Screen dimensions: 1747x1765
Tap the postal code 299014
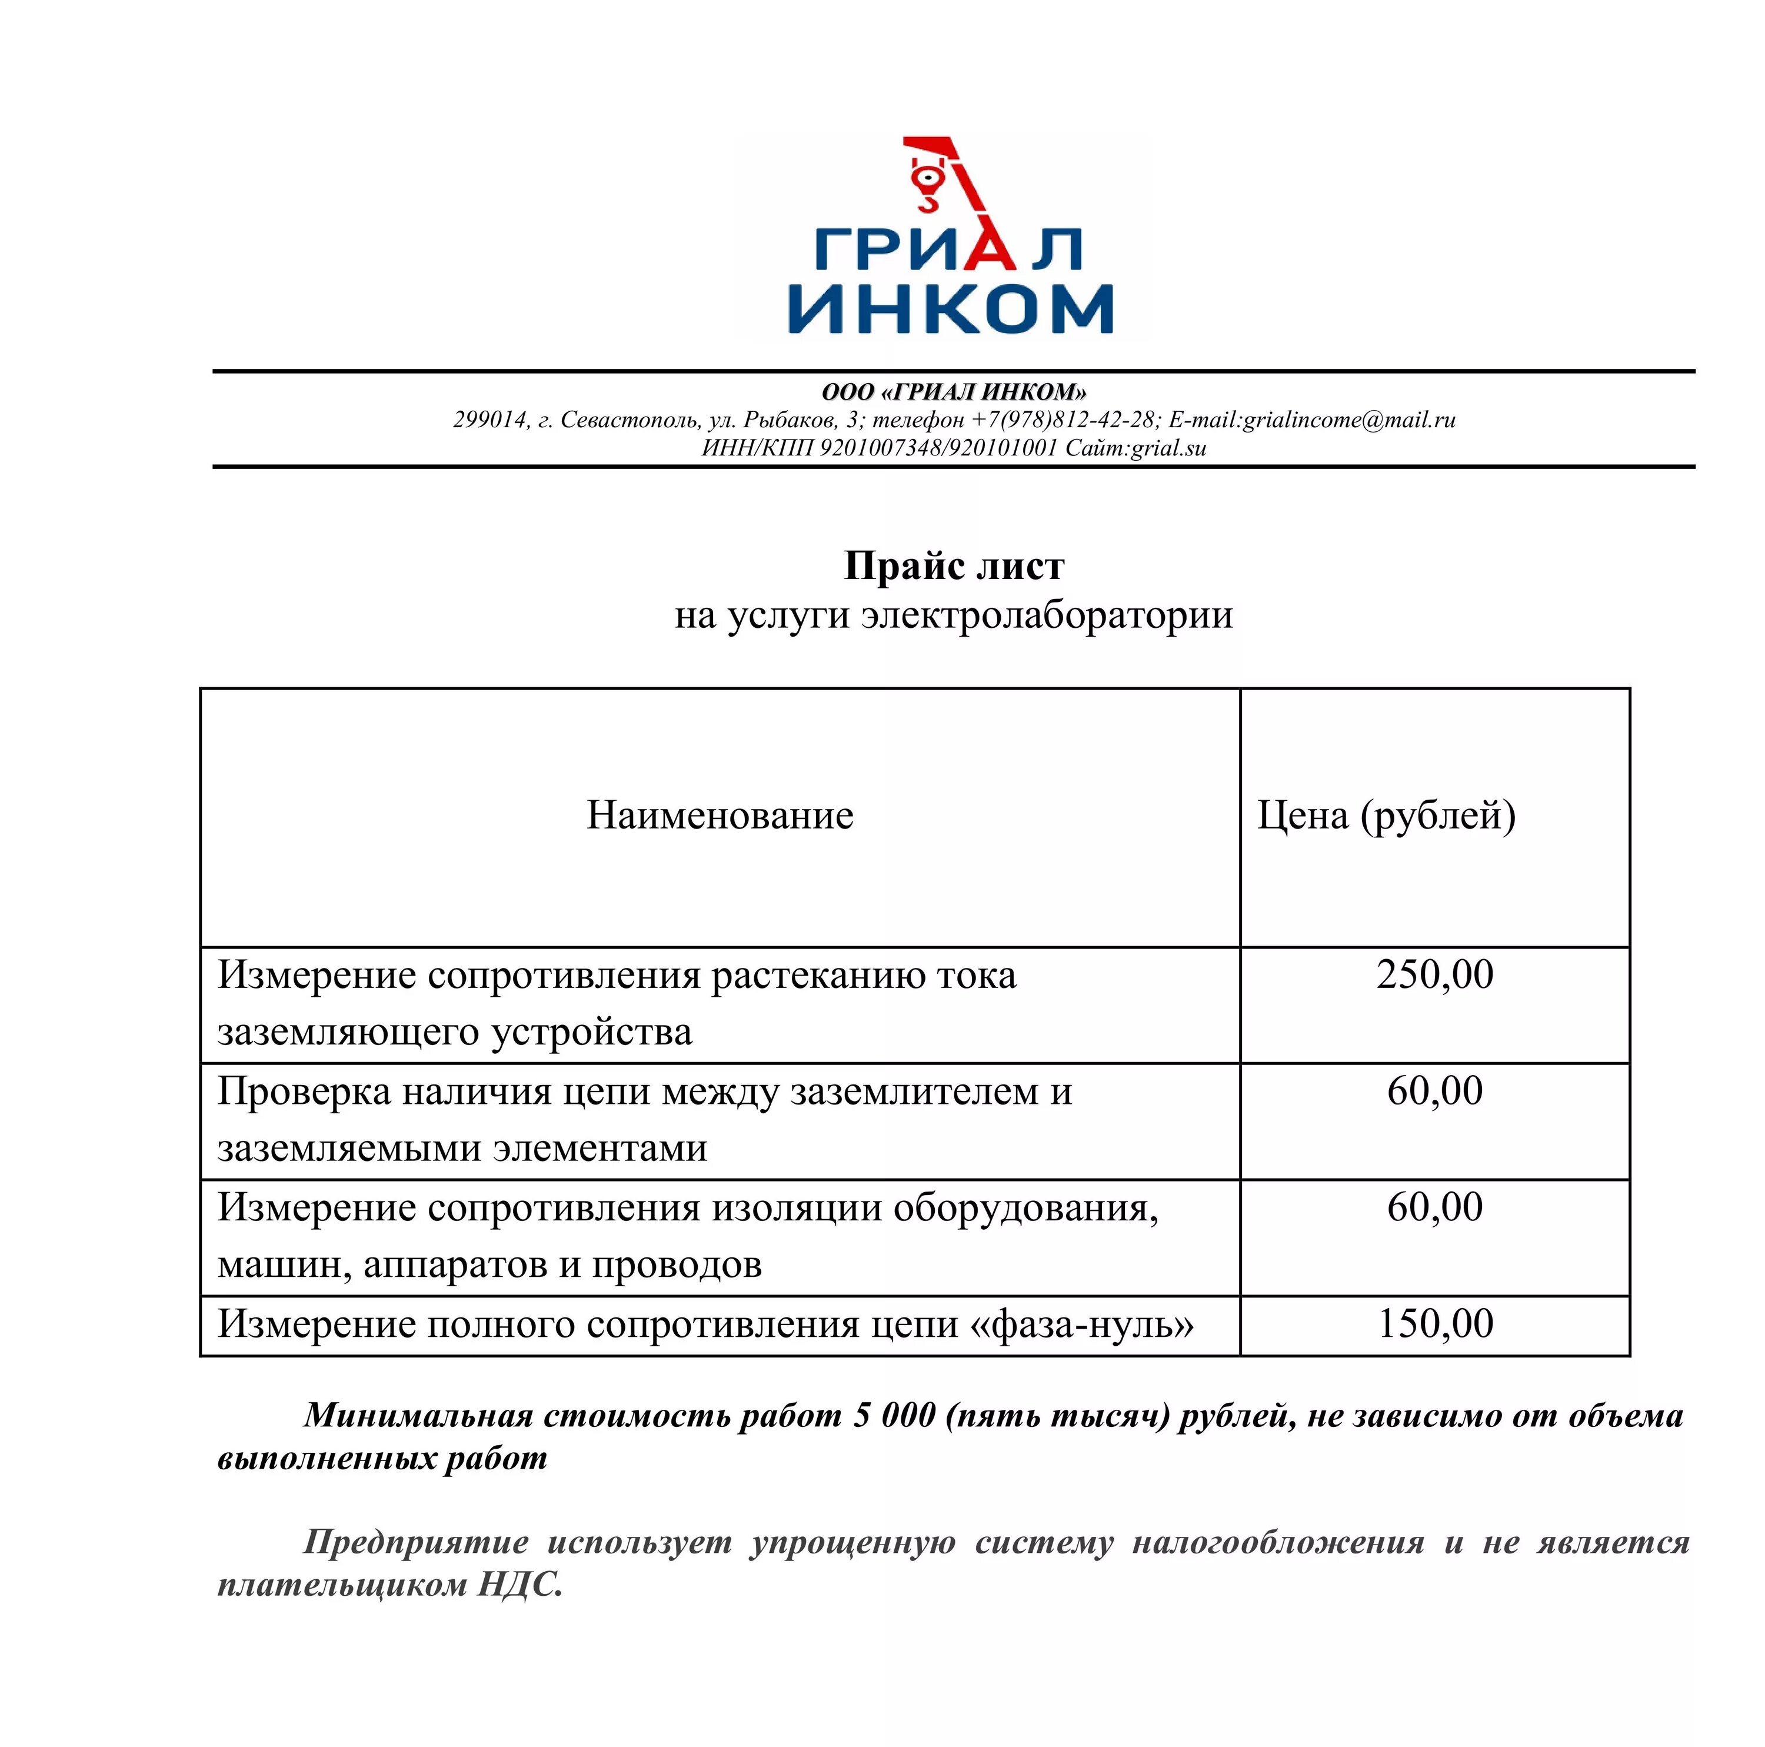coord(489,420)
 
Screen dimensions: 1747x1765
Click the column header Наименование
coord(720,815)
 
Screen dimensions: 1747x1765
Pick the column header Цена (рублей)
coord(1386,815)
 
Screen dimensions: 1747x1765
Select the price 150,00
coord(1434,1323)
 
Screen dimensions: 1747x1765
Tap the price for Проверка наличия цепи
coord(1434,1090)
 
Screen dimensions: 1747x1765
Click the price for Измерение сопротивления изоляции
coord(1434,1207)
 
